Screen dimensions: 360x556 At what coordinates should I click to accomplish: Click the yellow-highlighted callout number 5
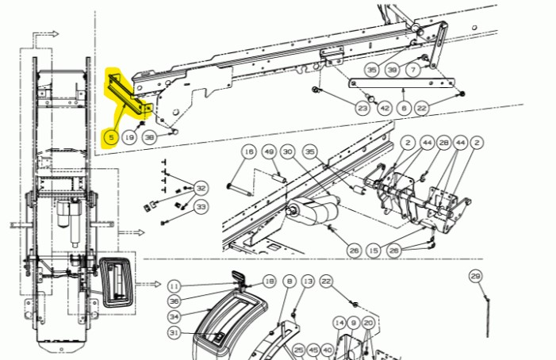click(x=111, y=137)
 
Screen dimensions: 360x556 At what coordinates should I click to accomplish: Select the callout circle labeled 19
click(x=129, y=137)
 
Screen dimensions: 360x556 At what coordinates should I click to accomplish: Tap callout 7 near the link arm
click(x=412, y=71)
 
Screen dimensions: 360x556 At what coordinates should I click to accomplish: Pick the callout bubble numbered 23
click(x=362, y=108)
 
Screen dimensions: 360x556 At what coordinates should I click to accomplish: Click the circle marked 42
click(x=384, y=108)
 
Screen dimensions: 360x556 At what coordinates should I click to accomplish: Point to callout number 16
click(x=248, y=153)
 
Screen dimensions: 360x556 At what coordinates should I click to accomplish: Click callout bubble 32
click(x=201, y=189)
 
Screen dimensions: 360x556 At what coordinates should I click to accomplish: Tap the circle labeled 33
click(x=201, y=207)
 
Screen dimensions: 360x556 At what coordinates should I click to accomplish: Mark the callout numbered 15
click(x=374, y=251)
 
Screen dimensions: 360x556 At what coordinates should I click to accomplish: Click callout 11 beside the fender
click(x=174, y=286)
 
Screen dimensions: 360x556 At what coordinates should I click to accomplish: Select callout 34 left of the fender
click(x=174, y=316)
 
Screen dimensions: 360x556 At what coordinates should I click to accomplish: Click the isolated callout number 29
click(x=475, y=276)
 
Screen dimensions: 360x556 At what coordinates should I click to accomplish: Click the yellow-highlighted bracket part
click(x=127, y=91)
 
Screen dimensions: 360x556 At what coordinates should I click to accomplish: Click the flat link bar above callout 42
click(x=401, y=82)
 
